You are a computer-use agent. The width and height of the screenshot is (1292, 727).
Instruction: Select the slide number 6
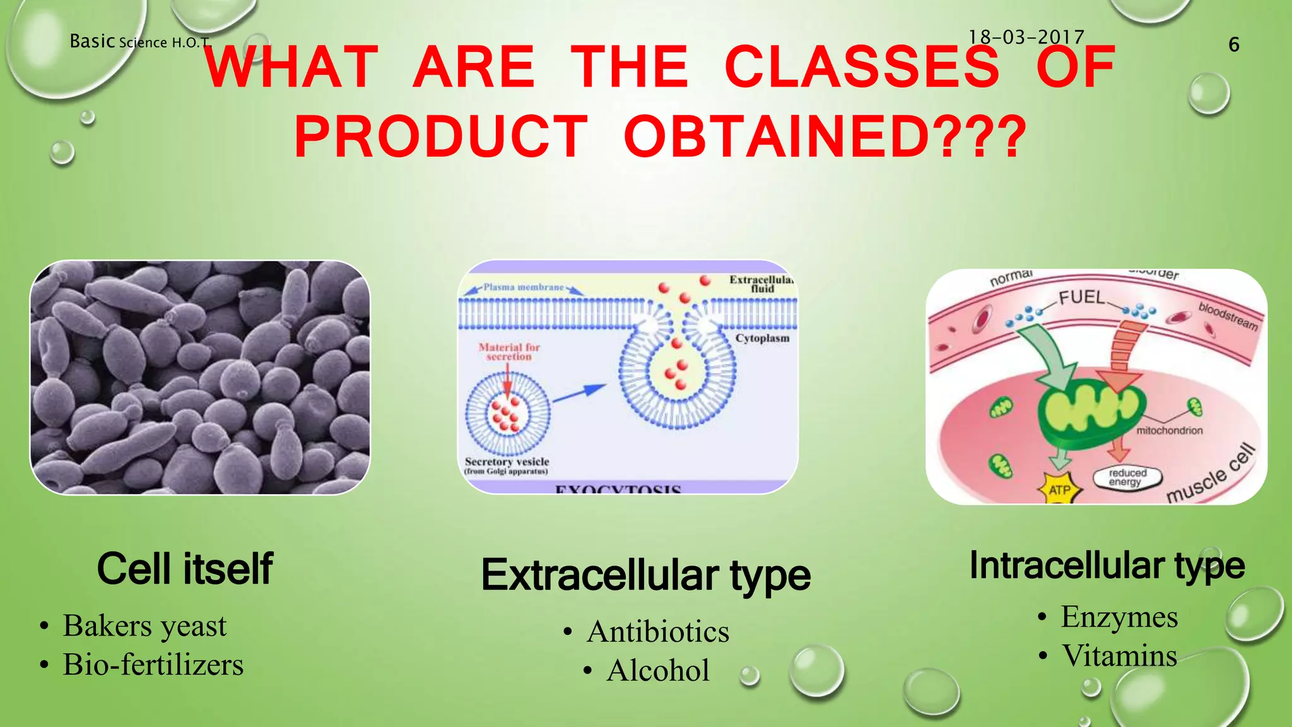click(1234, 45)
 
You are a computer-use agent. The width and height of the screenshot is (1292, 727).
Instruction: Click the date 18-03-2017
click(1026, 37)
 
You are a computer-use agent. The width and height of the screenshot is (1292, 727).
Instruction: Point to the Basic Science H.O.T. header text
click(139, 42)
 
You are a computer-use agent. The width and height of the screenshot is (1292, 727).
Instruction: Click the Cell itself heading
click(184, 569)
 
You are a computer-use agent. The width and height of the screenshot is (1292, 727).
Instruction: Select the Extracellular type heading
click(645, 575)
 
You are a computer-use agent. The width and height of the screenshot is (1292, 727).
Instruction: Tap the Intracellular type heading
click(1107, 565)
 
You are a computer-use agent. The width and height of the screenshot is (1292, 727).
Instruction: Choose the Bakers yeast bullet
click(144, 626)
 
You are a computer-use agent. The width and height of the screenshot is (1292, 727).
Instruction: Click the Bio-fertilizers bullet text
click(153, 665)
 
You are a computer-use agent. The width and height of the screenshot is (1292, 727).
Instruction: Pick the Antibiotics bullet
click(657, 632)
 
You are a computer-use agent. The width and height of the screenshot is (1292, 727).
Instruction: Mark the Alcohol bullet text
click(658, 670)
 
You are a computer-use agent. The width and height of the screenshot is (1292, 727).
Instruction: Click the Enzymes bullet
click(1119, 617)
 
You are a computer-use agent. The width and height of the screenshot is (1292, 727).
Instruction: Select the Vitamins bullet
click(1119, 656)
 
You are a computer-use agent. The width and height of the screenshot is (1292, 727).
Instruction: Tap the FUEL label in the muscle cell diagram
click(1081, 297)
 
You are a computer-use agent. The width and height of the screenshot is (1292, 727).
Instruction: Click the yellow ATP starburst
click(1059, 489)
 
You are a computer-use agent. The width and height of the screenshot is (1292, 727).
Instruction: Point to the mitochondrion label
click(1169, 430)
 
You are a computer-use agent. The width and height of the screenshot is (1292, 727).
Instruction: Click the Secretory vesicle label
click(507, 462)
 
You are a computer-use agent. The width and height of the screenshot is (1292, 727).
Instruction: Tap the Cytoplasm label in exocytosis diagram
click(761, 338)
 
